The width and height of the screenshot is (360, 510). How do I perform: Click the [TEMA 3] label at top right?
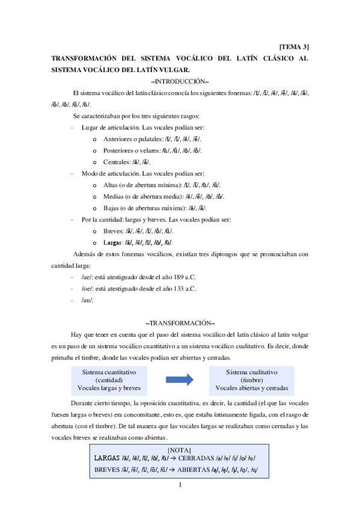pos(294,46)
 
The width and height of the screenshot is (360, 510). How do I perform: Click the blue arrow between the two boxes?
pos(180,379)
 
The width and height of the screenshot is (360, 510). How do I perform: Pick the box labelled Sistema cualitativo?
pos(252,379)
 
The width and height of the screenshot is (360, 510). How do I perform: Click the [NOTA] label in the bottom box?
pos(179,449)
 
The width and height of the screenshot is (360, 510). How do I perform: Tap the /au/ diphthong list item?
pos(87,300)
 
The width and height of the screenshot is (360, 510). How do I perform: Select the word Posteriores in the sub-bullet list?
pos(119,150)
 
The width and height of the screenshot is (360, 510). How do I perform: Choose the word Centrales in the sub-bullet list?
pos(117,162)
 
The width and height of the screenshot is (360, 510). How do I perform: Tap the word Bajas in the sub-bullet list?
pos(111,207)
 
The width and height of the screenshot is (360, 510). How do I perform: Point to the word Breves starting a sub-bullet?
pos(113,231)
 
